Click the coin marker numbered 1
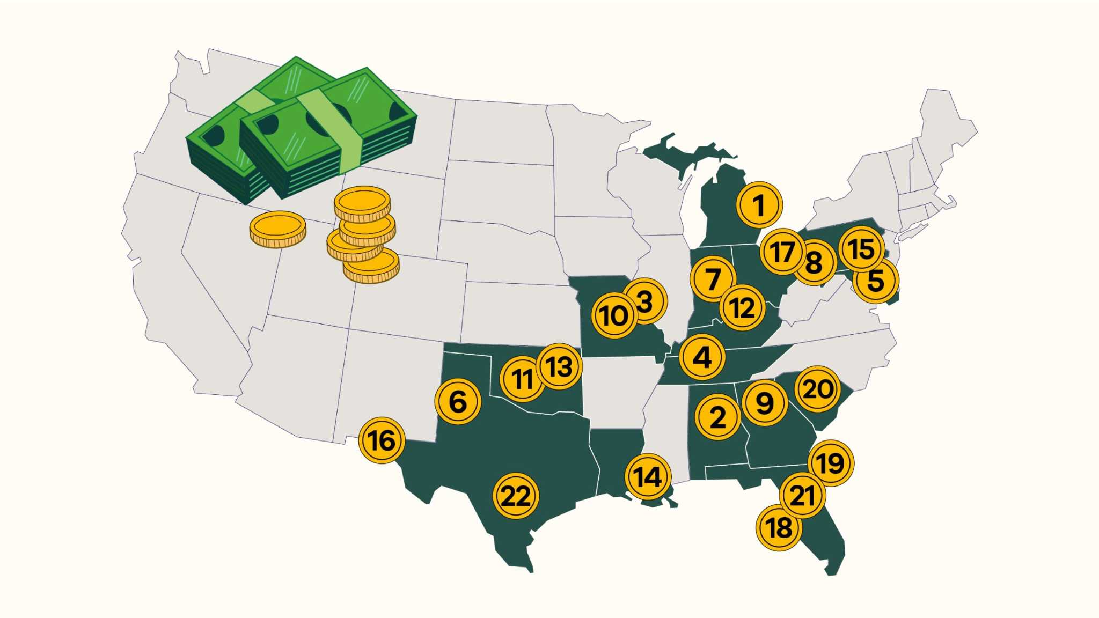point(759,205)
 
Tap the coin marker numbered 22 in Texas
point(515,496)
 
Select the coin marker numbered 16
point(382,440)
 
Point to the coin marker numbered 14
point(648,476)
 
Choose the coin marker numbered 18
point(779,528)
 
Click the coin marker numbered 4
point(702,357)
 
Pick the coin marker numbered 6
point(458,401)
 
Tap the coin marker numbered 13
point(559,367)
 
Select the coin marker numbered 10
point(614,315)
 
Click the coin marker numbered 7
point(713,279)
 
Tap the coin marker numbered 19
point(831,463)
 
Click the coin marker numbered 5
point(875,281)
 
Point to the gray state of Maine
point(947,126)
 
